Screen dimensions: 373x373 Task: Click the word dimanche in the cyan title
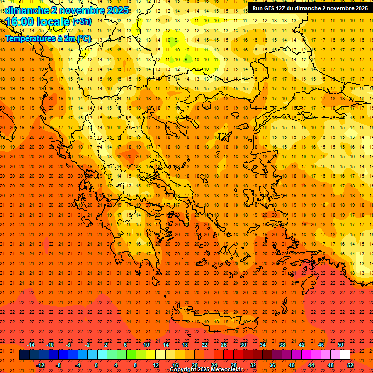(x=26, y=10)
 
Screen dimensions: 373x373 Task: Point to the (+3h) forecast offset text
(x=81, y=22)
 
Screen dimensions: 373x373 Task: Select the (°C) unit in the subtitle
(x=83, y=38)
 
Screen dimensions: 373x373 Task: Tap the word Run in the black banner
(x=258, y=8)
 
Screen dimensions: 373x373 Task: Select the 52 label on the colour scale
(x=350, y=365)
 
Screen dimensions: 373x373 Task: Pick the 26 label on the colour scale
(x=224, y=345)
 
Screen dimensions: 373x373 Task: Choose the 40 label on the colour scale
(x=292, y=365)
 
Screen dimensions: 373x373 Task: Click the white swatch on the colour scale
(x=345, y=355)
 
